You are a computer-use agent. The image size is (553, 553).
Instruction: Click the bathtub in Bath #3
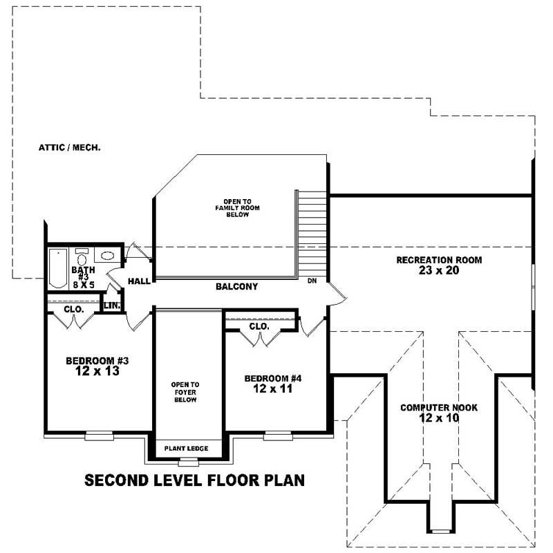(x=57, y=268)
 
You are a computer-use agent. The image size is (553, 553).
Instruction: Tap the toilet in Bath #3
(x=82, y=259)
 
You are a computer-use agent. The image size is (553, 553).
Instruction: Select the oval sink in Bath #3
(x=107, y=256)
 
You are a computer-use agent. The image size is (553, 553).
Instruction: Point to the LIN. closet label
(x=111, y=305)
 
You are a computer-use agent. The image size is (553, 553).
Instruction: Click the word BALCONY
(x=236, y=286)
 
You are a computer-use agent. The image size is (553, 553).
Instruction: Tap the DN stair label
(x=312, y=281)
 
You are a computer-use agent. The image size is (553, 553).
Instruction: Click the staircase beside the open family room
(x=312, y=232)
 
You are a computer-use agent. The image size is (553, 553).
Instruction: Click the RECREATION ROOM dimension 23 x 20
(x=438, y=271)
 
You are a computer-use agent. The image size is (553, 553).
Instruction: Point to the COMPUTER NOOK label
(x=439, y=407)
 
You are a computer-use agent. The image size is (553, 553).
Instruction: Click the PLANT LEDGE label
(x=186, y=449)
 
